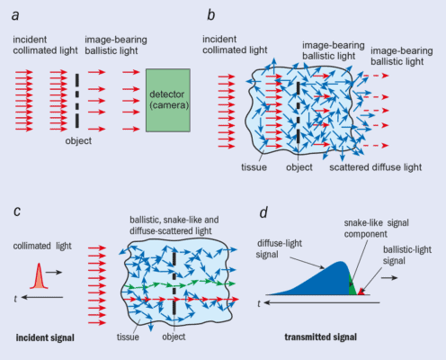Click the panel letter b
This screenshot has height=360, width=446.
pos(210,15)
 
